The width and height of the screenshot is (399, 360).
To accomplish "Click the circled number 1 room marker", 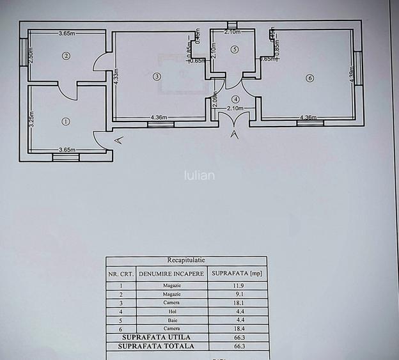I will tap(65, 121).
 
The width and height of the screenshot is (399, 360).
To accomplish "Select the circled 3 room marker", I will tap(157, 77).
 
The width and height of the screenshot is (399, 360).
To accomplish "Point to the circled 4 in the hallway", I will tap(236, 99).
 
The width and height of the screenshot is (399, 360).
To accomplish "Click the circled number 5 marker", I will tap(235, 49).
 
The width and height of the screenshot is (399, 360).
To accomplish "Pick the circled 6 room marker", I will tap(310, 78).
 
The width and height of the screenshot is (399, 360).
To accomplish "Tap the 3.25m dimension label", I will tap(31, 118).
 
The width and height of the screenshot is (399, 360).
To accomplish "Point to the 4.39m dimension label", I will tap(352, 77).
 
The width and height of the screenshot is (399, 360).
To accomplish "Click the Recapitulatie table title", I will tap(186, 261).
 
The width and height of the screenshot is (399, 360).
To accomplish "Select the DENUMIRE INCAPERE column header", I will tap(171, 274).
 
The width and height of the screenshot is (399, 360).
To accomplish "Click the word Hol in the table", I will tap(171, 311).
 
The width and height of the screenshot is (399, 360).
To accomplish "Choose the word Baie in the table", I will tap(171, 320).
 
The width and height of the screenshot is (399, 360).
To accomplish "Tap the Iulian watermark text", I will tap(199, 175).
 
